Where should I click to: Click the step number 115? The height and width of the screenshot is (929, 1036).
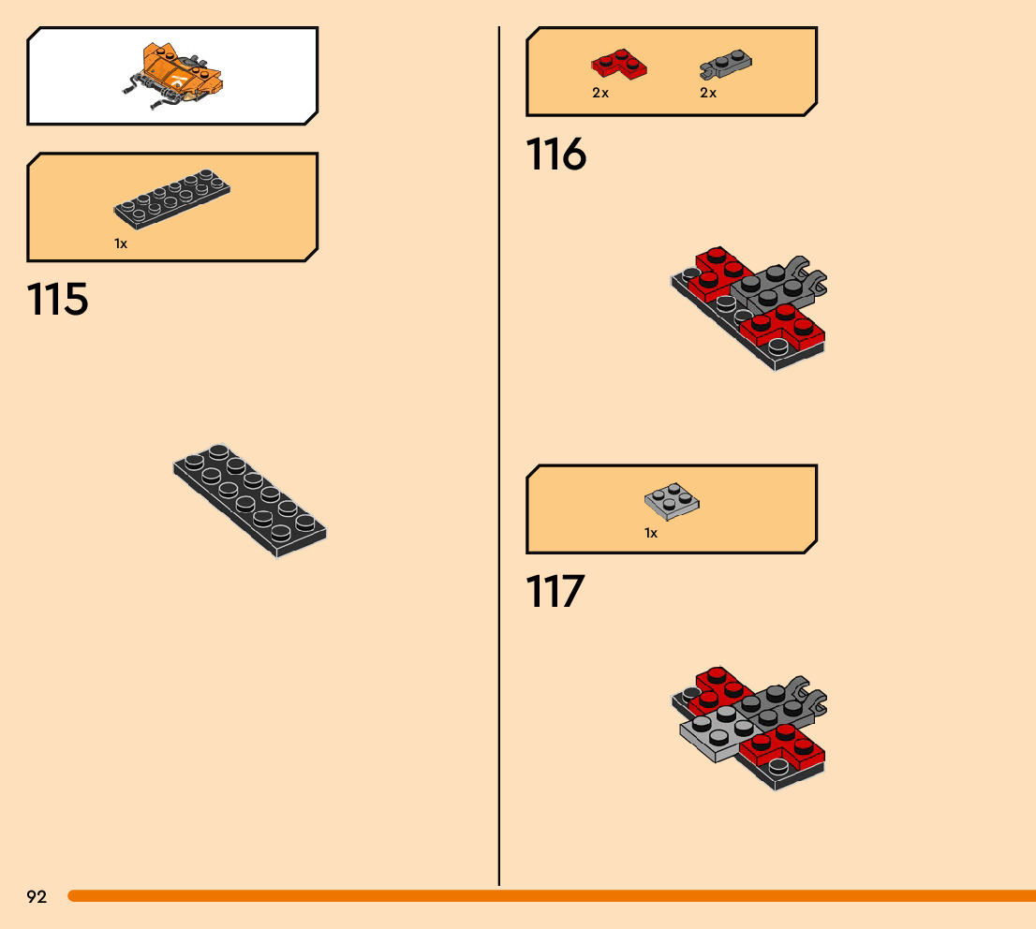pyautogui.click(x=58, y=300)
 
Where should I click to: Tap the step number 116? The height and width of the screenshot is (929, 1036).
pyautogui.click(x=556, y=155)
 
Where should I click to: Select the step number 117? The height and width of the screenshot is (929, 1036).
pyautogui.click(x=555, y=592)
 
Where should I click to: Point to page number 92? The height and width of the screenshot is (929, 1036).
pyautogui.click(x=37, y=897)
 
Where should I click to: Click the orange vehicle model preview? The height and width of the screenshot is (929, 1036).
pyautogui.click(x=176, y=78)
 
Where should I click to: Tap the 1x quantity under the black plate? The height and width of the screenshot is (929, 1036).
pyautogui.click(x=121, y=243)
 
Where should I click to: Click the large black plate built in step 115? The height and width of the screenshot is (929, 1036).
pyautogui.click(x=250, y=500)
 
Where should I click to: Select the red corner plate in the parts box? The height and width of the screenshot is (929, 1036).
pyautogui.click(x=619, y=64)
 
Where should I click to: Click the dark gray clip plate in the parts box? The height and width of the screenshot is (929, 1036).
pyautogui.click(x=727, y=65)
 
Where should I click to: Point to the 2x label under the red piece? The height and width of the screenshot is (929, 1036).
pyautogui.click(x=600, y=93)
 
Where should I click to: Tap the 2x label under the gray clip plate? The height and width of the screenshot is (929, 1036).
pyautogui.click(x=708, y=93)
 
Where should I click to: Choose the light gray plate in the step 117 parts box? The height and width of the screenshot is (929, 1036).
pyautogui.click(x=672, y=501)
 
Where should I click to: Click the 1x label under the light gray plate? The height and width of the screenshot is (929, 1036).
pyautogui.click(x=651, y=533)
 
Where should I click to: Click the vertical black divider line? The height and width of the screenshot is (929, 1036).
pyautogui.click(x=499, y=450)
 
